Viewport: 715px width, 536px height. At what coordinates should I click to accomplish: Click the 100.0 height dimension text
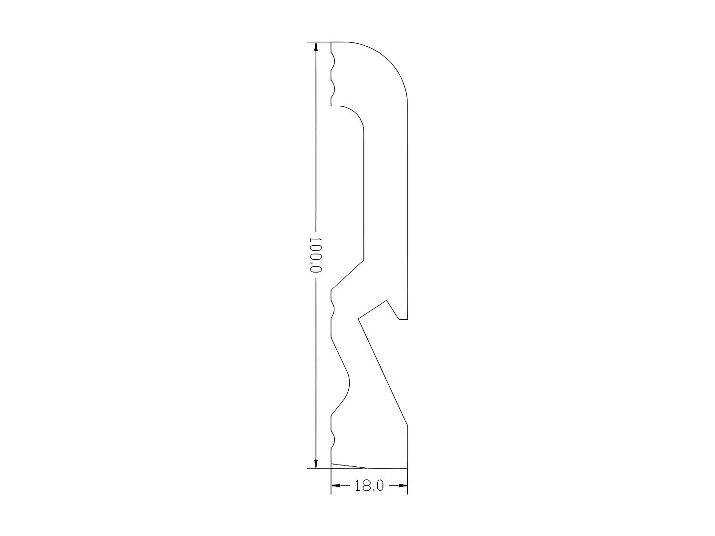coord(315,255)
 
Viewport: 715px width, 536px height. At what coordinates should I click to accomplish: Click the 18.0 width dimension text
coord(369,486)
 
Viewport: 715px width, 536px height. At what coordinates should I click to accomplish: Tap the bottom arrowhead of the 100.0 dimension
coord(316,463)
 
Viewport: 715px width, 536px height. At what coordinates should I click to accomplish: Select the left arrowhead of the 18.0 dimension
coord(336,485)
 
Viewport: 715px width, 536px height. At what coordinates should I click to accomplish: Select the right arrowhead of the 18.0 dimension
coord(403,485)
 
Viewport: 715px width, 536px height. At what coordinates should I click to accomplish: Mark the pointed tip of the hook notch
coord(386,300)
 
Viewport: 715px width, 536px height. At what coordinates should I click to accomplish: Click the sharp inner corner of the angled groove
coord(358,318)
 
